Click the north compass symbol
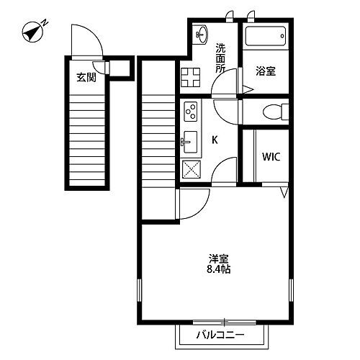tap(33, 31)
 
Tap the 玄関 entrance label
tap(86, 78)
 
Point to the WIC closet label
tap(271, 156)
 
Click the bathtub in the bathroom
tap(264, 37)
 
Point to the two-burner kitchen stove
tap(192, 112)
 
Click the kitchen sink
tap(190, 142)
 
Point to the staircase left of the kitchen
tap(158, 137)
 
